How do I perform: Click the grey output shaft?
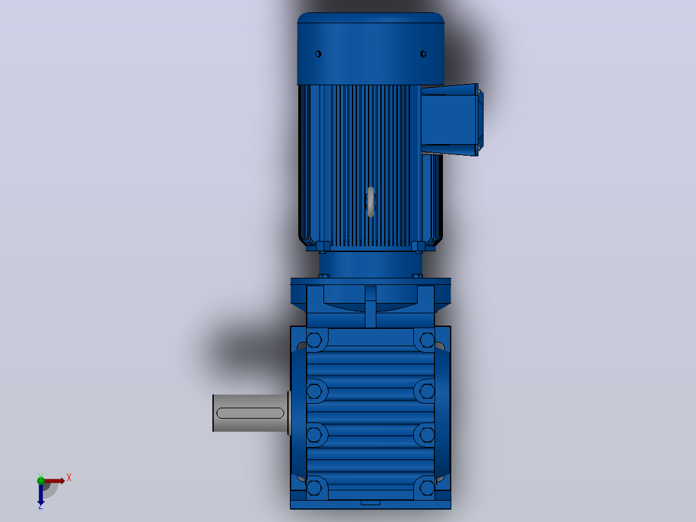[x=251, y=413]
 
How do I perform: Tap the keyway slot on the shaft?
[x=250, y=413]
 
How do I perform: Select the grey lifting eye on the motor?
[x=371, y=202]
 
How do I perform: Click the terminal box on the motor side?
[x=451, y=120]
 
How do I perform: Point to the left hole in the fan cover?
[x=318, y=54]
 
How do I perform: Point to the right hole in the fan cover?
[x=423, y=54]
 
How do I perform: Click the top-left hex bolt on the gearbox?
[x=314, y=340]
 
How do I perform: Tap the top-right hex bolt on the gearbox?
[x=427, y=340]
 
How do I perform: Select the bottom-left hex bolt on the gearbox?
[x=314, y=488]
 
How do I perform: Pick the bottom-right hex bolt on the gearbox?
[x=427, y=488]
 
